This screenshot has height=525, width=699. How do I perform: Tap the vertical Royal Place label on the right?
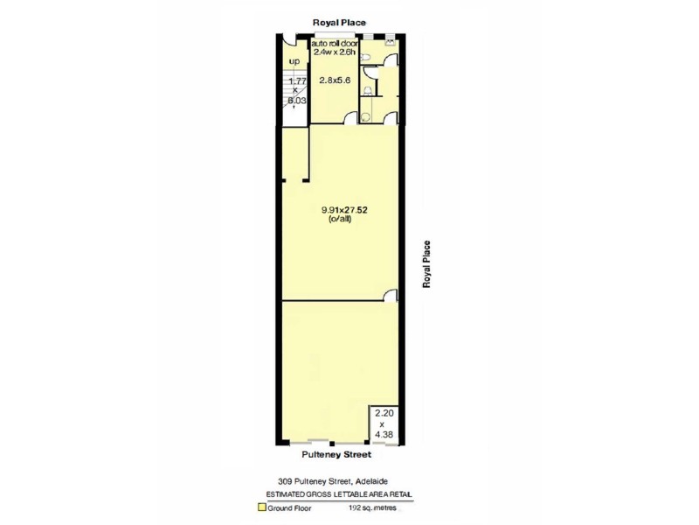[427, 264]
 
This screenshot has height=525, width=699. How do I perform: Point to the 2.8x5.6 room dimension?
[334, 80]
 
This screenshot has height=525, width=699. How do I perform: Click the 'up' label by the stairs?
[294, 61]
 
